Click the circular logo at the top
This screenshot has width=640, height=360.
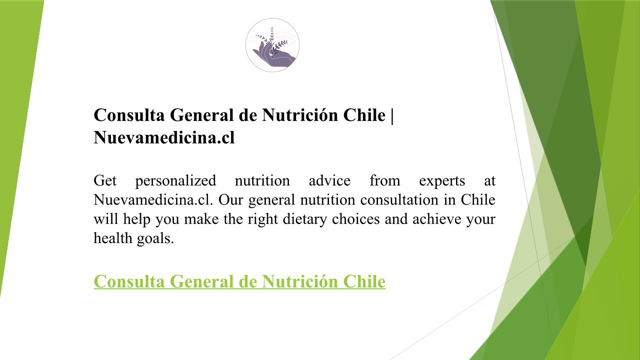pos(272,45)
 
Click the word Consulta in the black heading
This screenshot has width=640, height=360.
pos(129,115)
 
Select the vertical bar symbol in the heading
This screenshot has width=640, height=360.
pos(391,115)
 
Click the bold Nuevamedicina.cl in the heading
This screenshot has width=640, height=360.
pos(164,137)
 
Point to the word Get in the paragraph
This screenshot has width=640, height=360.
pos(105,181)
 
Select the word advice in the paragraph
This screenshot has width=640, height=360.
pos(329,181)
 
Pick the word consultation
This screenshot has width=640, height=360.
pos(399,199)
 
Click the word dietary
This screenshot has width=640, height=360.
pos(304,219)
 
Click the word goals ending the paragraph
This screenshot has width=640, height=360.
pos(155,239)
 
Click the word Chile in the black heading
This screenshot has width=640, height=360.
pos(364,115)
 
